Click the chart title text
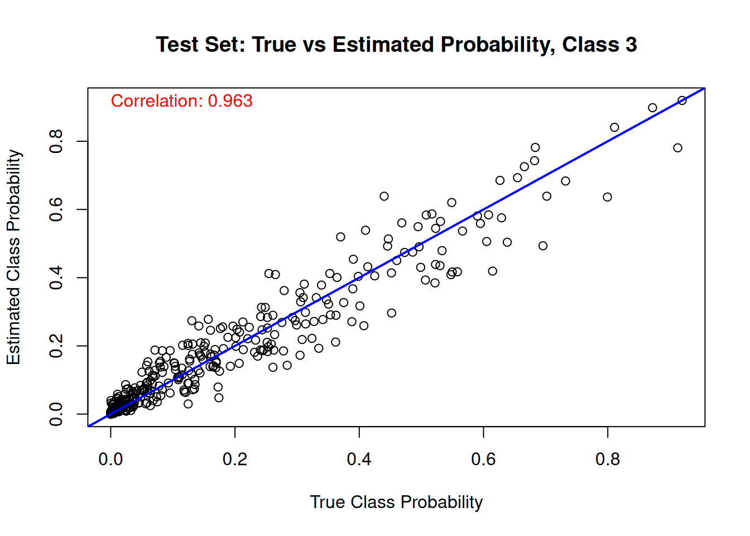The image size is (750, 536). [x=396, y=45]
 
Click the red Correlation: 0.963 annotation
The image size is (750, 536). [x=181, y=101]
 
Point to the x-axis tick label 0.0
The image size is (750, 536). [x=110, y=460]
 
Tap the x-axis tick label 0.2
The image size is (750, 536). [x=235, y=460]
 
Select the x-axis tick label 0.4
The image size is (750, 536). [x=359, y=460]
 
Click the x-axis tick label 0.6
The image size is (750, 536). [x=483, y=460]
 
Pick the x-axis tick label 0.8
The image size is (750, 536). [x=607, y=460]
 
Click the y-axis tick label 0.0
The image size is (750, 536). [x=56, y=414]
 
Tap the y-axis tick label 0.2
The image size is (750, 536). [x=56, y=346]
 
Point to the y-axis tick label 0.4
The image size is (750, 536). [x=56, y=277]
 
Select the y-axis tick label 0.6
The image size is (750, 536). [x=56, y=209]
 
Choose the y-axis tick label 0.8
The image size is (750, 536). [x=56, y=141]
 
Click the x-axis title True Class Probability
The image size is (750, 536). [x=396, y=502]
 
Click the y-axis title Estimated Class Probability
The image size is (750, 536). [x=13, y=257]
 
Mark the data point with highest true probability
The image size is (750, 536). [x=682, y=100]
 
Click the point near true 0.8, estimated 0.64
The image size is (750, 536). [x=608, y=197]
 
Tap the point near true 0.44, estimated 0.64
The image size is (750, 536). [x=384, y=196]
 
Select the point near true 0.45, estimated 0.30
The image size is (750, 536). [x=392, y=313]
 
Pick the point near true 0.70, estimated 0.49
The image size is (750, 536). [x=543, y=246]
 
